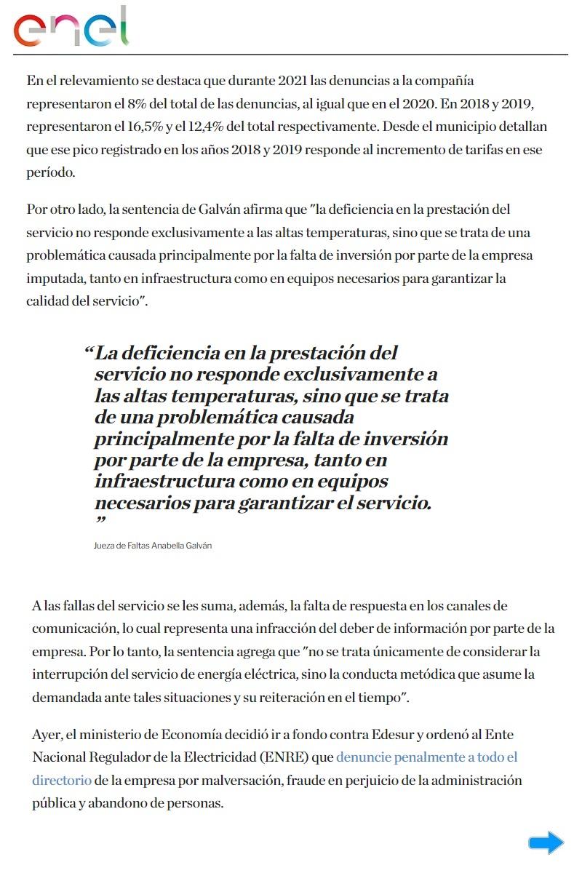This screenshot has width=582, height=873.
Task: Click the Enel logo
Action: click(x=71, y=28)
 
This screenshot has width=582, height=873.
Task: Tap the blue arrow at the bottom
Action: click(x=546, y=842)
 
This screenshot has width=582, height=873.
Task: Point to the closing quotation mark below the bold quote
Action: click(x=100, y=522)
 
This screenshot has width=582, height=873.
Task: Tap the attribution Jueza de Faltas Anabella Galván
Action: click(x=153, y=546)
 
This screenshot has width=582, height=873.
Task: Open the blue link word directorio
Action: click(x=62, y=780)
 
